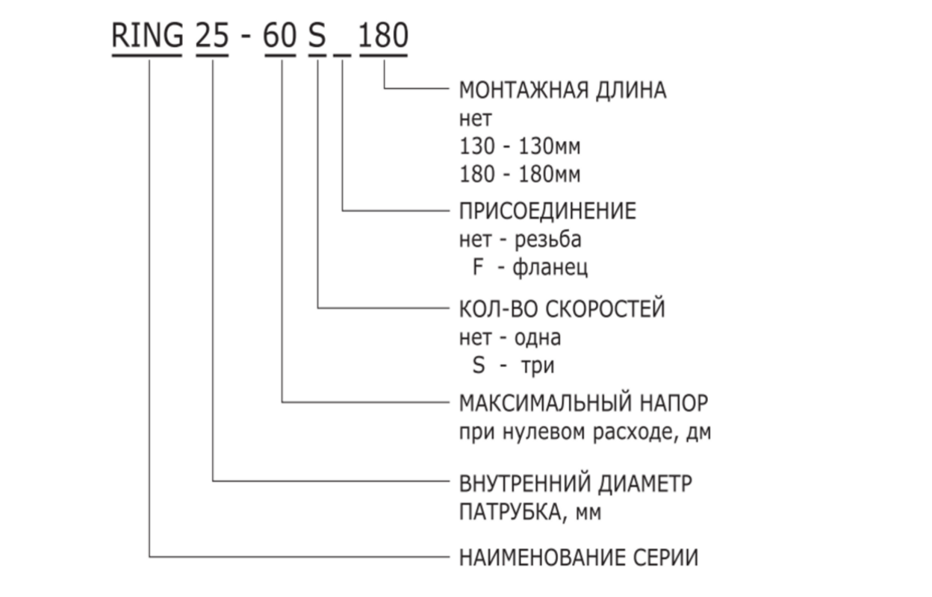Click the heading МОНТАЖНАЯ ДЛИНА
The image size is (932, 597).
pyautogui.click(x=562, y=90)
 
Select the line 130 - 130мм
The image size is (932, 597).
pyautogui.click(x=520, y=146)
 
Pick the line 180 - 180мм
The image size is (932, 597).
pyautogui.click(x=520, y=175)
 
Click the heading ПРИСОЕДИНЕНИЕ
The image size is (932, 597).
pyautogui.click(x=547, y=211)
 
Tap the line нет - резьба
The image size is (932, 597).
pyautogui.click(x=520, y=240)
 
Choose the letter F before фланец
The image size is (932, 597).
pyautogui.click(x=478, y=268)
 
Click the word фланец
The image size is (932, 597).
pyautogui.click(x=550, y=268)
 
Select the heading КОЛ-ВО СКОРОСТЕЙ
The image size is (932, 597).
pyautogui.click(x=562, y=308)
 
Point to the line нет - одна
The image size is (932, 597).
pyautogui.click(x=510, y=337)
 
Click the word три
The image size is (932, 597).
pyautogui.click(x=538, y=366)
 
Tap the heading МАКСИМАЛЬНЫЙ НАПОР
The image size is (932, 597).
pyautogui.click(x=582, y=403)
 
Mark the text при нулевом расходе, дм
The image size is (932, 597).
pyautogui.click(x=585, y=433)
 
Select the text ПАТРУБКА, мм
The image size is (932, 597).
pyautogui.click(x=529, y=513)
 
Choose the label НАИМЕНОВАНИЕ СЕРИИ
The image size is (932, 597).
pyautogui.click(x=579, y=557)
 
